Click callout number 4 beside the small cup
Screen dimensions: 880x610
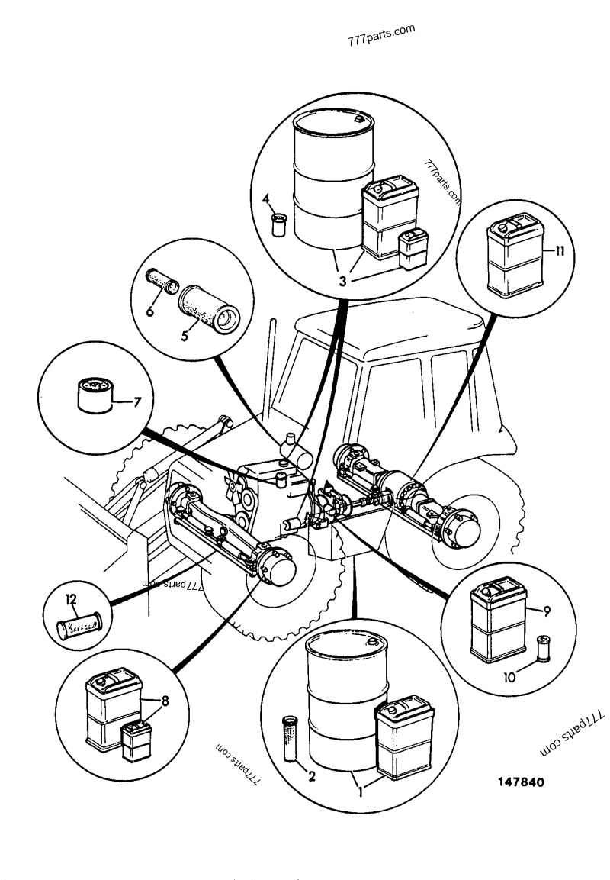click(266, 200)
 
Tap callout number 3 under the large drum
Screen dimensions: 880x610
click(342, 281)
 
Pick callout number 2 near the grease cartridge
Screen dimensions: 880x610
click(310, 778)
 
